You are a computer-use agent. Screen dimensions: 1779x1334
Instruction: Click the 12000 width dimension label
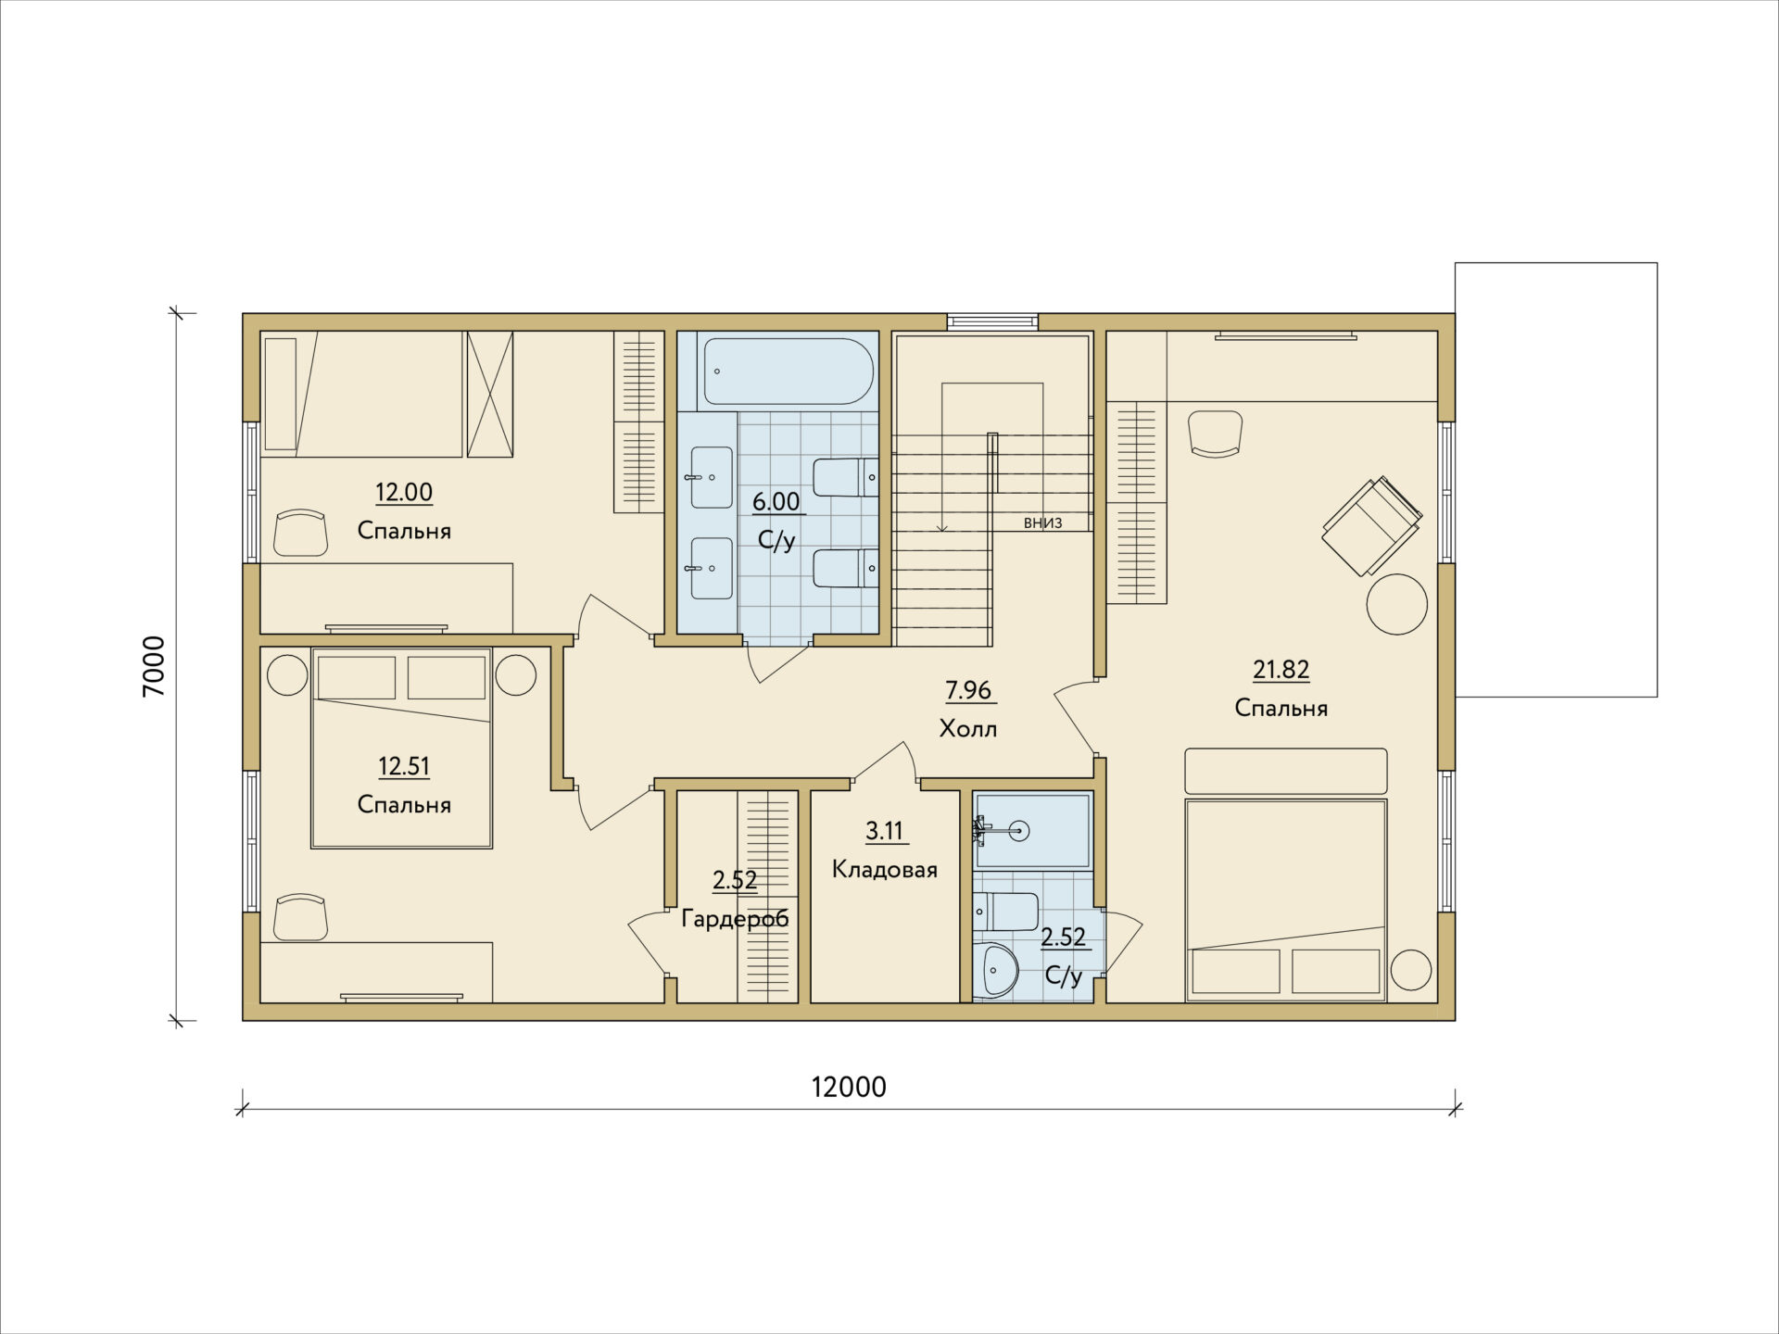849,1087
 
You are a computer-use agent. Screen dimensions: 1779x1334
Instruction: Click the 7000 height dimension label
154,666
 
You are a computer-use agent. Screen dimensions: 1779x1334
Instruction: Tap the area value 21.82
1281,669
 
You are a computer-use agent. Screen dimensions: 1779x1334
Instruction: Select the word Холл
968,729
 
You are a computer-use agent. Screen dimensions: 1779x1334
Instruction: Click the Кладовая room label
885,870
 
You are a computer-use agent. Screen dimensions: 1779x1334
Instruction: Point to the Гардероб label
735,919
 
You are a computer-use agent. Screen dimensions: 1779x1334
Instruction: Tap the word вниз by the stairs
1042,523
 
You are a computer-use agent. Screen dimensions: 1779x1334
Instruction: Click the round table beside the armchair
1397,604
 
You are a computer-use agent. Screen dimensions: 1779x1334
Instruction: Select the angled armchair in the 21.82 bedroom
1372,525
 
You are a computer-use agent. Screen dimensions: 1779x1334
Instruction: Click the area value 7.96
968,690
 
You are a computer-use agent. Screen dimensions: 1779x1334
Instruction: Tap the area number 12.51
404,766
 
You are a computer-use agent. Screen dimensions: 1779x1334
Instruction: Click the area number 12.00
404,492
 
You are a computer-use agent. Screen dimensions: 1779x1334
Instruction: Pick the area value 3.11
885,831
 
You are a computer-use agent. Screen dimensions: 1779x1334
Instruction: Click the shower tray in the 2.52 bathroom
1031,831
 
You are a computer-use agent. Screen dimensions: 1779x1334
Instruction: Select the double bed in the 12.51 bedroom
402,749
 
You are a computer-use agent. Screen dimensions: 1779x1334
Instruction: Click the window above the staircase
992,321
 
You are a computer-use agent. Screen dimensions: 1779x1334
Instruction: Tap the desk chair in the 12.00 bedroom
301,532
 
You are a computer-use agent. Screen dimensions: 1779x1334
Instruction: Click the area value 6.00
776,501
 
